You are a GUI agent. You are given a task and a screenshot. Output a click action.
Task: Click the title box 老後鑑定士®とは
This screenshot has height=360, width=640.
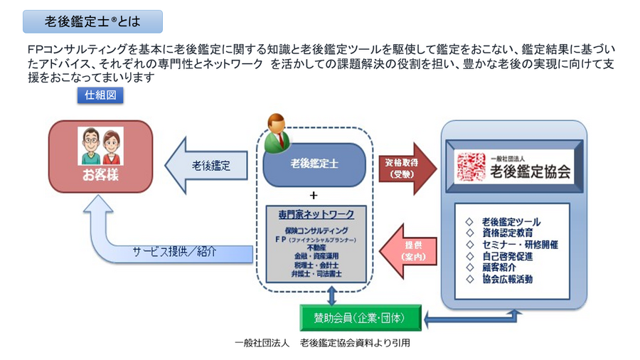pos(92,21)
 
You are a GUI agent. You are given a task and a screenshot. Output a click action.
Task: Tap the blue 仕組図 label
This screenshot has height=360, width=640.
pos(100,96)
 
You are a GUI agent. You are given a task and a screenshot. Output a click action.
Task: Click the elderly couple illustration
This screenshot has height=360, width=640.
pos(100,146)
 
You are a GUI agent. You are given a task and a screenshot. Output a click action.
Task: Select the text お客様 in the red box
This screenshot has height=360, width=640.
pos(100,175)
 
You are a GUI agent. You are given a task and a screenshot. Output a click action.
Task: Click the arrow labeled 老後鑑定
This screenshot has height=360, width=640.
pos(206,165)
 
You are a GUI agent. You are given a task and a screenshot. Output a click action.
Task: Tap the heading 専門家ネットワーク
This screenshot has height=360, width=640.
pos(314,214)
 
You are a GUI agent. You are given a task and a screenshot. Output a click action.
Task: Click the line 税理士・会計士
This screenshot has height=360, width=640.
pos(314,264)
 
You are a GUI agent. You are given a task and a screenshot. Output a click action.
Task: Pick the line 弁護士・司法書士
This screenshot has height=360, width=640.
pos(314,272)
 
